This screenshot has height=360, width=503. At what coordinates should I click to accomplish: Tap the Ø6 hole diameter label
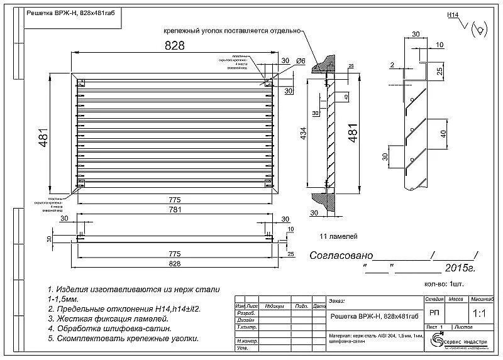tap(300, 61)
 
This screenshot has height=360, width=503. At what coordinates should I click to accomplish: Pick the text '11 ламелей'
tap(339, 236)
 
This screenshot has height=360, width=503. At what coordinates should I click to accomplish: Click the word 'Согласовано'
tap(341, 256)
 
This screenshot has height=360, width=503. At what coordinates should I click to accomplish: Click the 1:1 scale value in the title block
tap(478, 312)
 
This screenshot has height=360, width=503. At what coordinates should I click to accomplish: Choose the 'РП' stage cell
tap(433, 312)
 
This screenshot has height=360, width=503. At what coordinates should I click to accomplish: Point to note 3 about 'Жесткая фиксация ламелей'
tap(108, 319)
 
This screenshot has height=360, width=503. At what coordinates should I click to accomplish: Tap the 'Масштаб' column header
tap(481, 299)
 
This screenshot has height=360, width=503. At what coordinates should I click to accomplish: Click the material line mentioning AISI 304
tap(370, 337)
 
